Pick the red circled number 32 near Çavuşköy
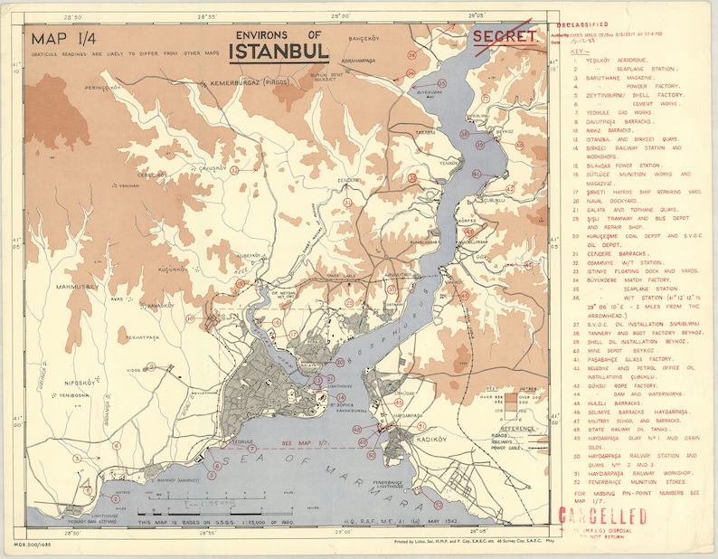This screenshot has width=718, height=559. tap(234, 169)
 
